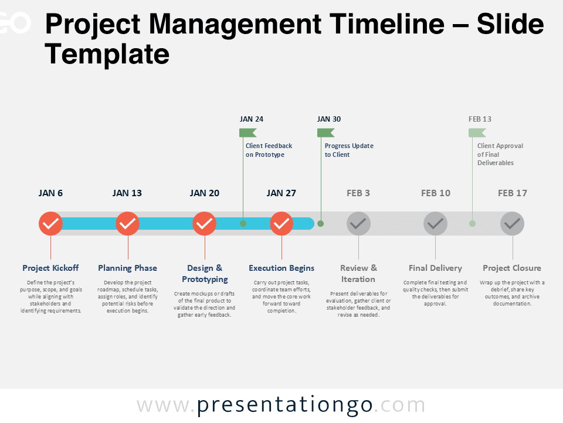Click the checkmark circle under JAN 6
pyautogui.click(x=50, y=224)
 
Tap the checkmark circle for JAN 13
pyautogui.click(x=127, y=224)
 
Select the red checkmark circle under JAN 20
pyautogui.click(x=204, y=224)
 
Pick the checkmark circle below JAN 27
pyautogui.click(x=281, y=224)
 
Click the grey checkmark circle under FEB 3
pyautogui.click(x=358, y=224)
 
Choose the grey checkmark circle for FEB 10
pyautogui.click(x=435, y=224)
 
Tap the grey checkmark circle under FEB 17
pyautogui.click(x=513, y=224)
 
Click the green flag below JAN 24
pyautogui.click(x=247, y=133)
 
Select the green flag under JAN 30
pyautogui.click(x=325, y=133)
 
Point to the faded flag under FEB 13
pyautogui.click(x=477, y=133)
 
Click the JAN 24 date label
pyautogui.click(x=252, y=119)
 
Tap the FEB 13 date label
pyautogui.click(x=480, y=119)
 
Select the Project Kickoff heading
pyautogui.click(x=50, y=268)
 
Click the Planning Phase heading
pyautogui.click(x=127, y=268)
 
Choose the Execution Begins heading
pyautogui.click(x=281, y=268)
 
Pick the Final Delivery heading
pyautogui.click(x=435, y=268)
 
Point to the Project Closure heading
pyautogui.click(x=512, y=268)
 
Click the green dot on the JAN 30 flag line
pyautogui.click(x=321, y=224)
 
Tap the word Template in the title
pyautogui.click(x=107, y=54)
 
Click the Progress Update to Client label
pyautogui.click(x=349, y=150)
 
